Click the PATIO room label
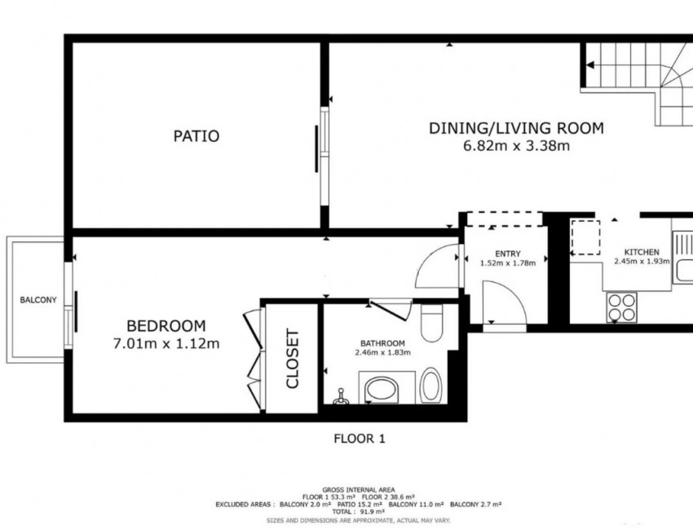pyautogui.click(x=196, y=136)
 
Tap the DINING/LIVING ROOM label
pyautogui.click(x=516, y=128)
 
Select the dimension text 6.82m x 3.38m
pyautogui.click(x=516, y=147)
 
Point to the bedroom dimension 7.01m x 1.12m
pyautogui.click(x=166, y=343)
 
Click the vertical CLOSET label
pyautogui.click(x=293, y=358)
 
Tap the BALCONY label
pyautogui.click(x=38, y=300)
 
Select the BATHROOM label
pyautogui.click(x=382, y=342)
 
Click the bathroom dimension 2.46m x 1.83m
pyautogui.click(x=382, y=353)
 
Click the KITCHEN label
pyautogui.click(x=642, y=251)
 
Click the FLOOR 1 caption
pyautogui.click(x=359, y=439)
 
